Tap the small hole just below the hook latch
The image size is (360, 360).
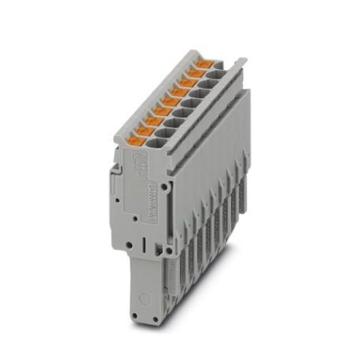click(116, 201)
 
